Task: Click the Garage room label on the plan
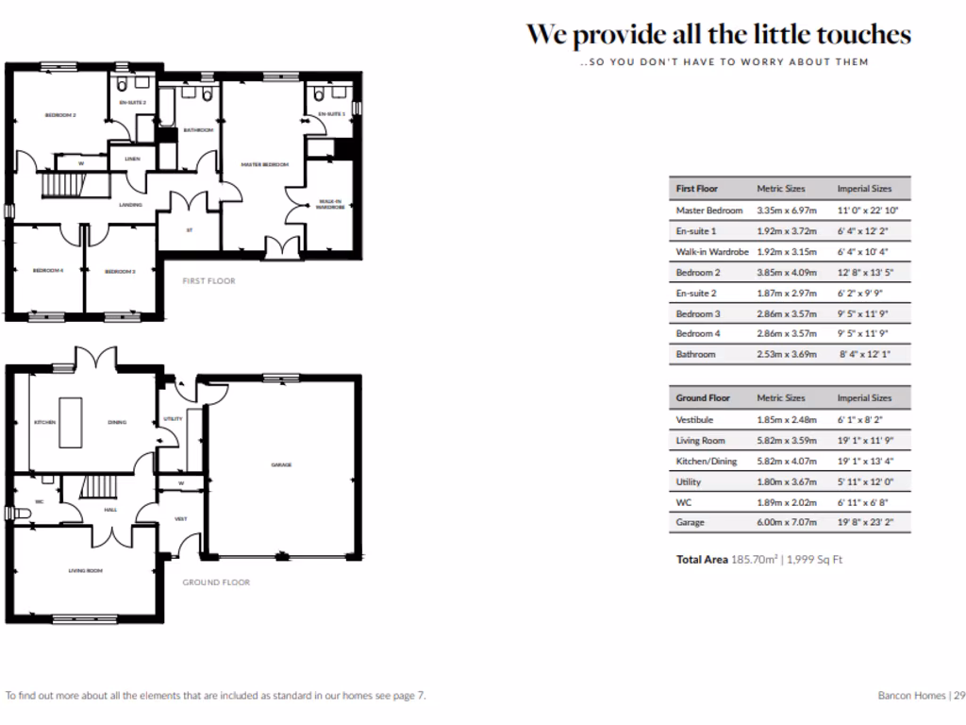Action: click(x=281, y=464)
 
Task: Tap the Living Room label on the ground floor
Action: click(x=85, y=570)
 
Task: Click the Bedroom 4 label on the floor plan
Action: click(x=47, y=271)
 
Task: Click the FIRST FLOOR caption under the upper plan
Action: click(x=208, y=280)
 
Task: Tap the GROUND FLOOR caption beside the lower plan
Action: click(x=216, y=582)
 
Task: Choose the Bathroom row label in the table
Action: click(x=695, y=355)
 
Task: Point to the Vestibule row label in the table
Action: click(x=694, y=420)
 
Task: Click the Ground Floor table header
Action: click(x=703, y=398)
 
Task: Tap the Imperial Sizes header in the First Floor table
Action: click(x=864, y=189)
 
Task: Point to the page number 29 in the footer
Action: click(x=958, y=696)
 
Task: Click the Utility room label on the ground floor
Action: click(x=173, y=418)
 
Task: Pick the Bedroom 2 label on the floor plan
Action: click(x=60, y=115)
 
